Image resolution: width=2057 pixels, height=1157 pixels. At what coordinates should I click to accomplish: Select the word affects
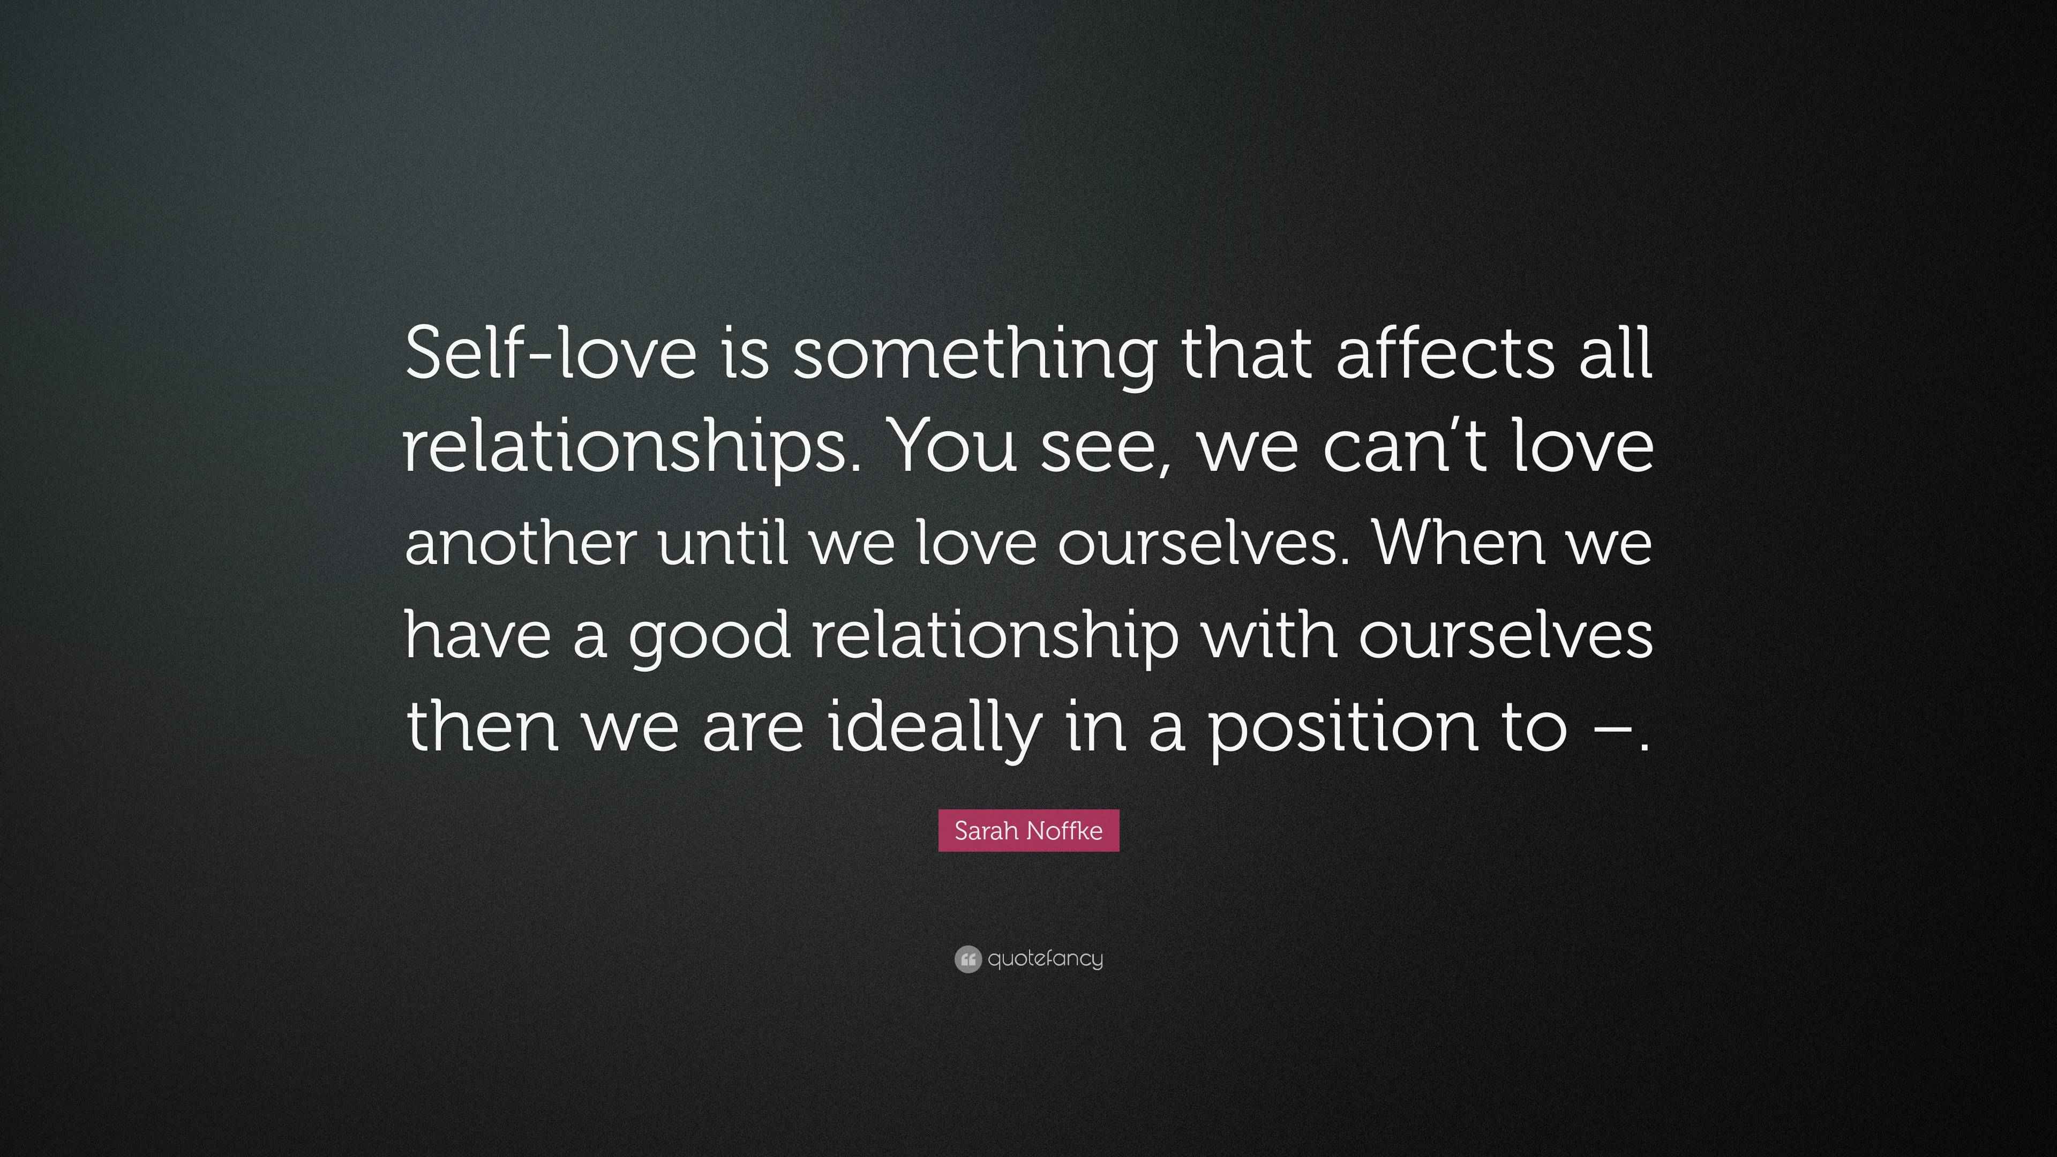(1445, 353)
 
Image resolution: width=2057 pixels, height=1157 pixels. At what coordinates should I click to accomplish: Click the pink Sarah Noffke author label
(1028, 830)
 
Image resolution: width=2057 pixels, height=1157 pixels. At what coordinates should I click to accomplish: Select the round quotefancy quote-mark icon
(967, 959)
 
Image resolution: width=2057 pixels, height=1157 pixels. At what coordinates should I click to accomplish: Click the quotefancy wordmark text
(1045, 959)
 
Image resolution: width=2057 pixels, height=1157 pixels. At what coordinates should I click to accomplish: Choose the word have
(477, 633)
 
